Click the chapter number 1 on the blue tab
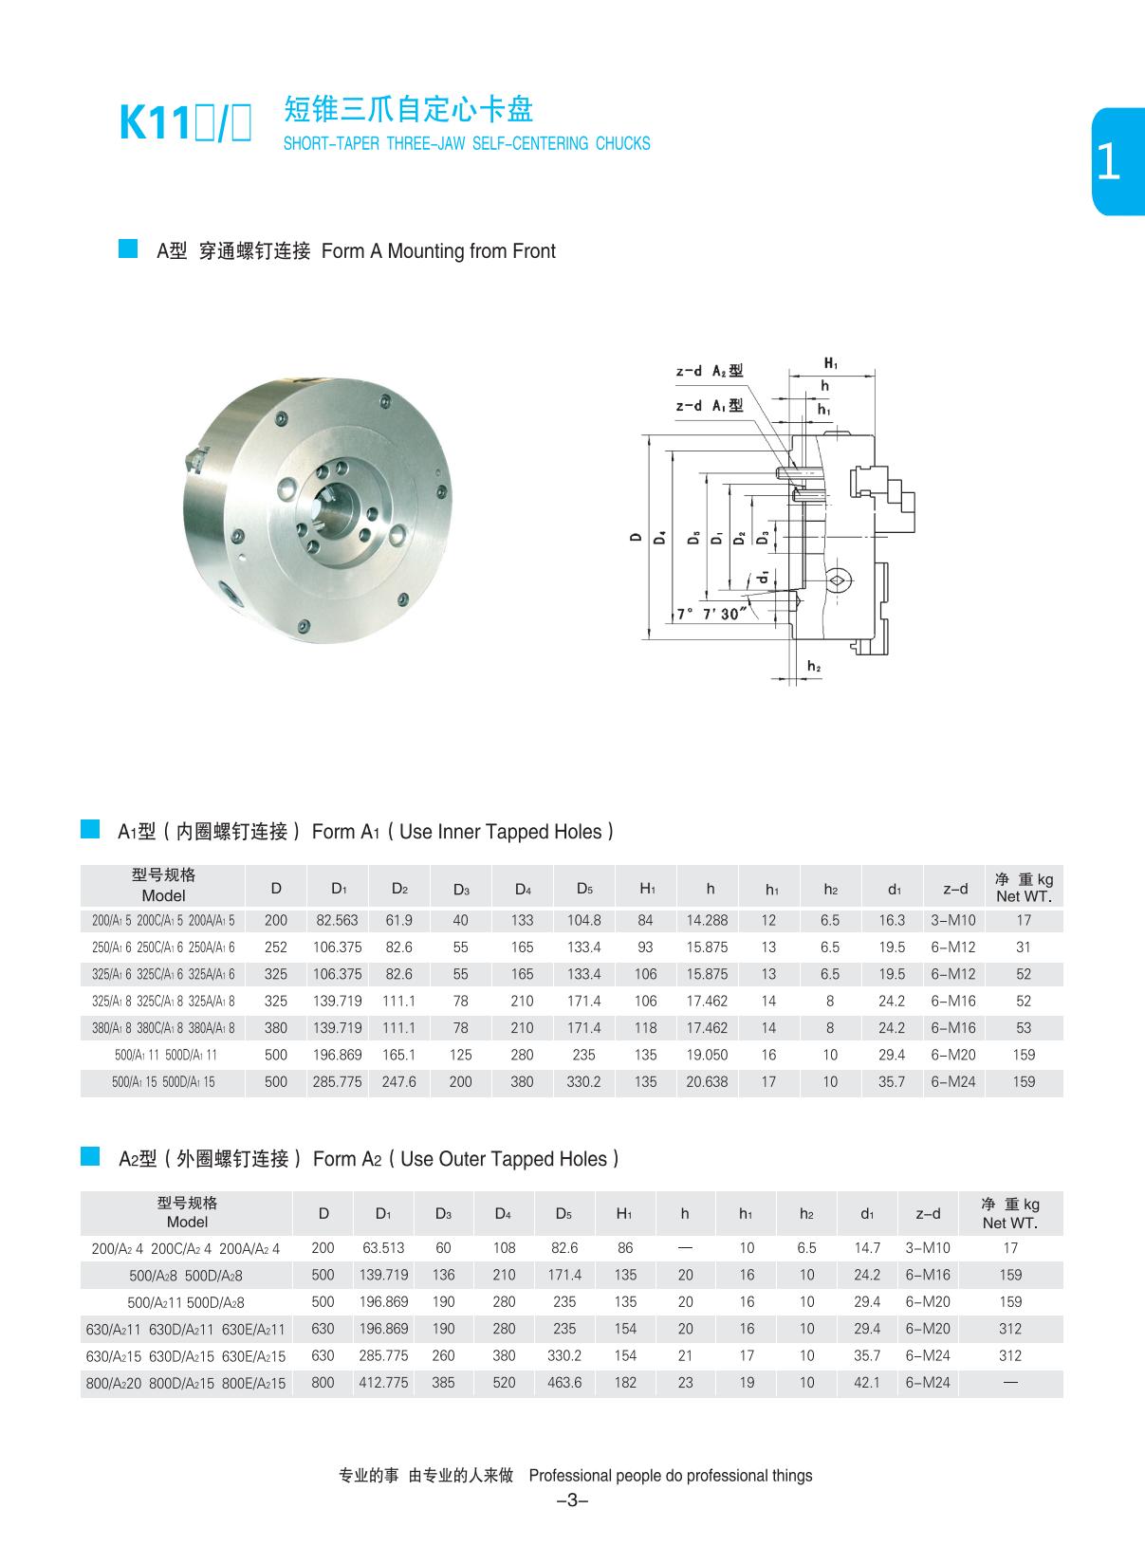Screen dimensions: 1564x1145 coord(1108,163)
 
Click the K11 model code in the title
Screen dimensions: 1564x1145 coord(154,124)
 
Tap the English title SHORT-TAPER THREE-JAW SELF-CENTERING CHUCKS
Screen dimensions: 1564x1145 coord(467,144)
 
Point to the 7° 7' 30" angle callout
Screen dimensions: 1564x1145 coord(711,614)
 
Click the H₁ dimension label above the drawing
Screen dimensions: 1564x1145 coord(831,363)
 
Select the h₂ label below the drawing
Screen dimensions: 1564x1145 coord(813,668)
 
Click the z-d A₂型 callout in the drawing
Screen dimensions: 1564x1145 coord(709,371)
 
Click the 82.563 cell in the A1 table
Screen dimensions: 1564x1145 coord(337,920)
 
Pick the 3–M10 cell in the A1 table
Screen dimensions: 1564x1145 coord(953,920)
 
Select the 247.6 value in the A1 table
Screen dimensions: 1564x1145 coord(399,1081)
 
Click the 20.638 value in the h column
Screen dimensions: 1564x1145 coord(707,1081)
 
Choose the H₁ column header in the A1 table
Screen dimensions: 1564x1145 coord(646,889)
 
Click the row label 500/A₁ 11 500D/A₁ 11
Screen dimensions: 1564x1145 coord(163,1055)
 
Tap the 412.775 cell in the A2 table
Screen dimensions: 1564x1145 coord(383,1383)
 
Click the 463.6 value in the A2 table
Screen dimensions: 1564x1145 coord(564,1383)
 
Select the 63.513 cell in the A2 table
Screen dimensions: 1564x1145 coord(383,1248)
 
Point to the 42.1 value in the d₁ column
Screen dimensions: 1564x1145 coord(867,1383)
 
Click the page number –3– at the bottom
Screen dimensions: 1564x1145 coord(573,1500)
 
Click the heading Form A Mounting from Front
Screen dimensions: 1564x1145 coord(438,251)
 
